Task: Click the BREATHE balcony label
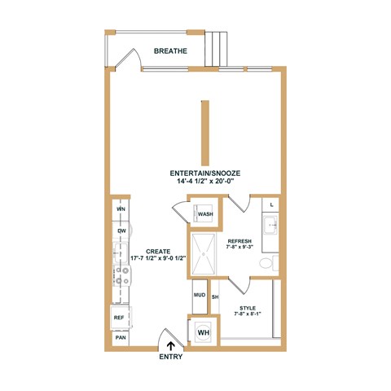click(x=171, y=51)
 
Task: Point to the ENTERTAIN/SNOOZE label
click(x=205, y=173)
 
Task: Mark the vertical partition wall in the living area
click(x=205, y=130)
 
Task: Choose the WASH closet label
click(x=205, y=214)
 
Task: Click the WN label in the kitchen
click(x=121, y=209)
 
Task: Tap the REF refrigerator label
click(x=119, y=318)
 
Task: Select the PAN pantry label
click(x=120, y=337)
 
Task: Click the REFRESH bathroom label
click(x=239, y=241)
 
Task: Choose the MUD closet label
click(x=199, y=295)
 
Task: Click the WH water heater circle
click(x=203, y=332)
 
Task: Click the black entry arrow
click(x=170, y=345)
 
